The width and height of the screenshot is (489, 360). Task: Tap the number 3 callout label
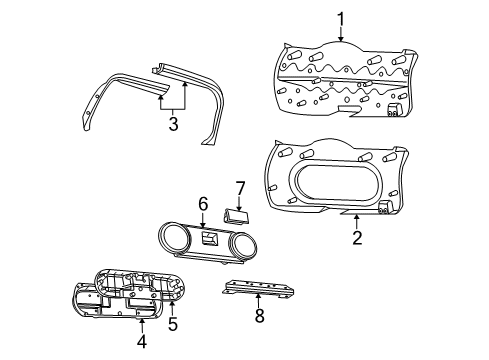(172, 123)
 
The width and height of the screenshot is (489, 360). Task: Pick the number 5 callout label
(172, 324)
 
